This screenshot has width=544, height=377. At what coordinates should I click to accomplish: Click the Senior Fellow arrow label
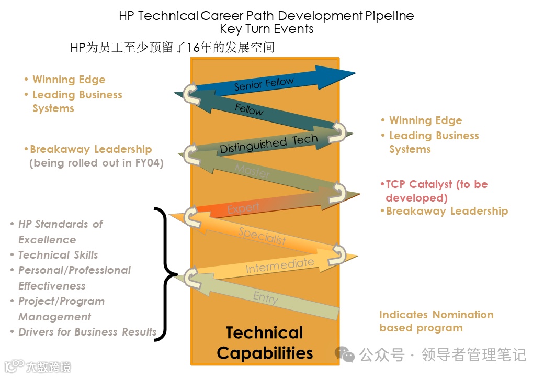tap(264, 84)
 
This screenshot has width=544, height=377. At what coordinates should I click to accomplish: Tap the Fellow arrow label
tap(249, 109)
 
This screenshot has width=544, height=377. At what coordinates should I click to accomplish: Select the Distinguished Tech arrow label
tap(268, 144)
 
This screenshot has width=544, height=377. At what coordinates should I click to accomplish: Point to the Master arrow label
tap(253, 171)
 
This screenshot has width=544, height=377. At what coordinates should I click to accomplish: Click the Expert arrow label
tap(243, 208)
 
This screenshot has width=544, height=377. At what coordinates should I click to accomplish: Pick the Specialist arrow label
tap(263, 236)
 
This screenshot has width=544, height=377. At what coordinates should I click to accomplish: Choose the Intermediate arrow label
tap(280, 265)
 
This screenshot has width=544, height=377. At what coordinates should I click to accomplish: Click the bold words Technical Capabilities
tap(265, 342)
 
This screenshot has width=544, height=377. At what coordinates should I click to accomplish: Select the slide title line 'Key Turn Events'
tap(266, 29)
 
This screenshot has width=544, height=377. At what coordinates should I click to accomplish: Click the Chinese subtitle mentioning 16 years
tap(172, 48)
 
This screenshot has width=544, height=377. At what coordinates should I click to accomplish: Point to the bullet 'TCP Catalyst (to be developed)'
tap(434, 191)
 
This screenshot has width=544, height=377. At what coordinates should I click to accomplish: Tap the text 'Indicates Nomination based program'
tap(436, 321)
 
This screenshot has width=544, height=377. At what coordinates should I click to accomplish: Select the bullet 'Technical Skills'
tap(58, 255)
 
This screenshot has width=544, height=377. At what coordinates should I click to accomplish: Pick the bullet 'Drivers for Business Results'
tap(86, 332)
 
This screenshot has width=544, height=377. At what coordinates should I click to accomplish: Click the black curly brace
tap(165, 274)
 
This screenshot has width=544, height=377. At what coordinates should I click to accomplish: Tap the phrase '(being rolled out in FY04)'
tap(96, 163)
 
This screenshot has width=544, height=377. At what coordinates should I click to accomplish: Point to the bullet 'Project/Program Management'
tap(61, 309)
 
